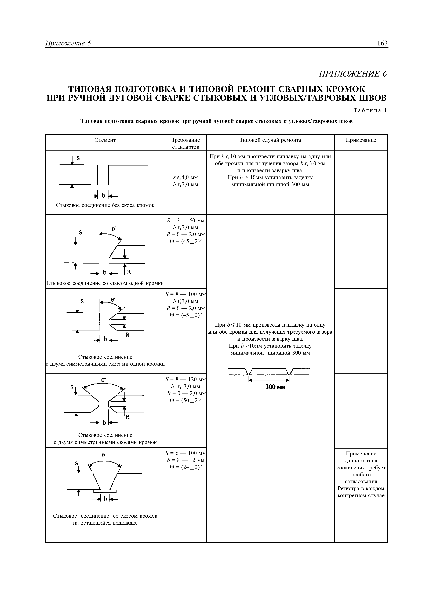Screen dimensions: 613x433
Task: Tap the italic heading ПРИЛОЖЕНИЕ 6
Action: [x=353, y=74]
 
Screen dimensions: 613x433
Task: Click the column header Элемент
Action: [x=105, y=140]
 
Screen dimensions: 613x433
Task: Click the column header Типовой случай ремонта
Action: [x=270, y=140]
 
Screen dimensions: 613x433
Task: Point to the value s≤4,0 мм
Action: [x=185, y=178]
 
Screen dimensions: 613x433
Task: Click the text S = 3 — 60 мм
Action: [x=185, y=221]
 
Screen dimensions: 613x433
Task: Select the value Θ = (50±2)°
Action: [x=185, y=400]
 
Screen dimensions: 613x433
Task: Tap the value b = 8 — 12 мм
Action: [x=185, y=460]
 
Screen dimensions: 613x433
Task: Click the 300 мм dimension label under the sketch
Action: [x=275, y=387]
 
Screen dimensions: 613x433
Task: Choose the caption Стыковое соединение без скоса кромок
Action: [x=105, y=205]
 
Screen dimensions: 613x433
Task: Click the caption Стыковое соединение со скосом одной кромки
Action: [x=105, y=283]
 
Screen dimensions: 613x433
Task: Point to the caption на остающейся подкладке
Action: [x=105, y=523]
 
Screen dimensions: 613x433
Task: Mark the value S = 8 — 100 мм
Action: [x=185, y=294]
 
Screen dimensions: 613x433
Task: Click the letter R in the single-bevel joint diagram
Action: [x=129, y=272]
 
